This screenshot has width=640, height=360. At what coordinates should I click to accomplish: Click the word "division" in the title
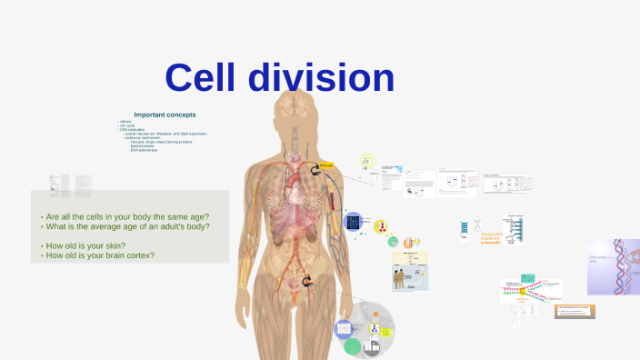317,78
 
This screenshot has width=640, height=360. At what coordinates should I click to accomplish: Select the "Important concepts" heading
165,115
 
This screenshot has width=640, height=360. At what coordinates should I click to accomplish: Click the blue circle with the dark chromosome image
354,222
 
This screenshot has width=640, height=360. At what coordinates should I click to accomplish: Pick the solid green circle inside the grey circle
353,345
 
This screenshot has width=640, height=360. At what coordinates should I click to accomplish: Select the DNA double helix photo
614,266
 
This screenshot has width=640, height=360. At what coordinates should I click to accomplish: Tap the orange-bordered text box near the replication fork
575,311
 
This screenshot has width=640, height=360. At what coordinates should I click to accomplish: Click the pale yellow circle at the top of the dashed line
367,161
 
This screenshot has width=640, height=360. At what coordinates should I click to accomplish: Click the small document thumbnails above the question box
70,186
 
